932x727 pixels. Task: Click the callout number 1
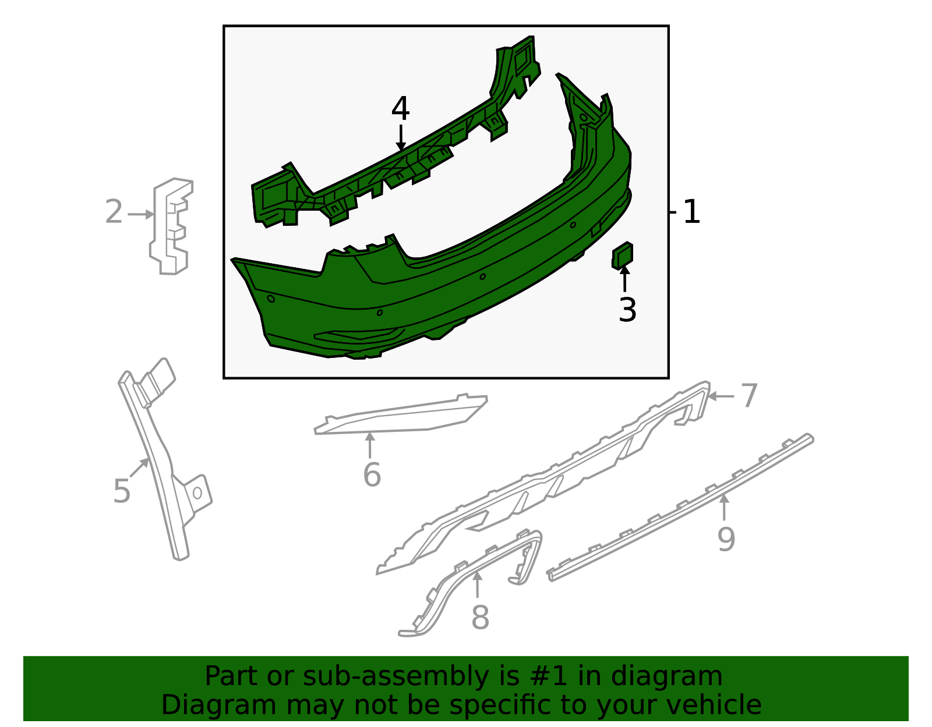[x=691, y=212]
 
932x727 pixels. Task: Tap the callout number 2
[x=114, y=212]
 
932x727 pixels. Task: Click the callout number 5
[x=122, y=491]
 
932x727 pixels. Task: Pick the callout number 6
[x=372, y=474]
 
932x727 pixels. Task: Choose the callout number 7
[x=749, y=395]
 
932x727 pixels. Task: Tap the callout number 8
[x=480, y=618]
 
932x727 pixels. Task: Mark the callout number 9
[x=726, y=540]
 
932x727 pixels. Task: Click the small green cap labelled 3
[x=622, y=256]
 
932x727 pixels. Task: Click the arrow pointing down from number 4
[x=401, y=138]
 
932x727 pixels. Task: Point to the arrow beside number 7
[x=721, y=397]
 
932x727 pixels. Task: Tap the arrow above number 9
[x=724, y=507]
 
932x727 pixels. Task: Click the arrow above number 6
[x=370, y=445]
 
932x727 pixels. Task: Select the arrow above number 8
[x=478, y=584]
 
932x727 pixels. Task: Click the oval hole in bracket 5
[x=197, y=492]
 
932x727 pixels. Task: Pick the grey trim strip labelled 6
[x=400, y=415]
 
